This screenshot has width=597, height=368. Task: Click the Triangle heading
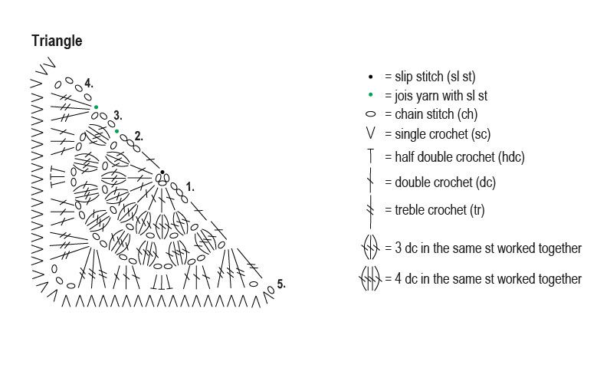tap(57, 41)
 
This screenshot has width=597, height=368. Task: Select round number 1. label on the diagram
tap(190, 186)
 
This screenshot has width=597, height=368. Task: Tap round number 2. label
tap(138, 136)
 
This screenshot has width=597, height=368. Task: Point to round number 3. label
tap(117, 115)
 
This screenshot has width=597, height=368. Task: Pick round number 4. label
tap(89, 82)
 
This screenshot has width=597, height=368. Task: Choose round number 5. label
tap(281, 284)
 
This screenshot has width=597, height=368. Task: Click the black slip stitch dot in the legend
tap(370, 77)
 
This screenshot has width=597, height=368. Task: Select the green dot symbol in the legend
tap(370, 96)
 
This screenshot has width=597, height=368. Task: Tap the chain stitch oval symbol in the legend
tap(370, 115)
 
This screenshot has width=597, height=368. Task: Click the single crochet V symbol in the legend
tap(370, 134)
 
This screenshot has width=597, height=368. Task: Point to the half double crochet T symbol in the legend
tap(370, 156)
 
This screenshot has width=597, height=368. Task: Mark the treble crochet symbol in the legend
tap(370, 209)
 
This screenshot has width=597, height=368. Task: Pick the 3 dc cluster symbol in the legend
tap(370, 248)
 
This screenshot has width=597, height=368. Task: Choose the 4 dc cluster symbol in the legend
tap(370, 279)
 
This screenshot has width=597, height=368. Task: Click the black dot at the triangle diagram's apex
tap(162, 172)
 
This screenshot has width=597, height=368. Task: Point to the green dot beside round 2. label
tap(116, 131)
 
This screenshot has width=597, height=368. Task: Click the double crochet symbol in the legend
tap(370, 182)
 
